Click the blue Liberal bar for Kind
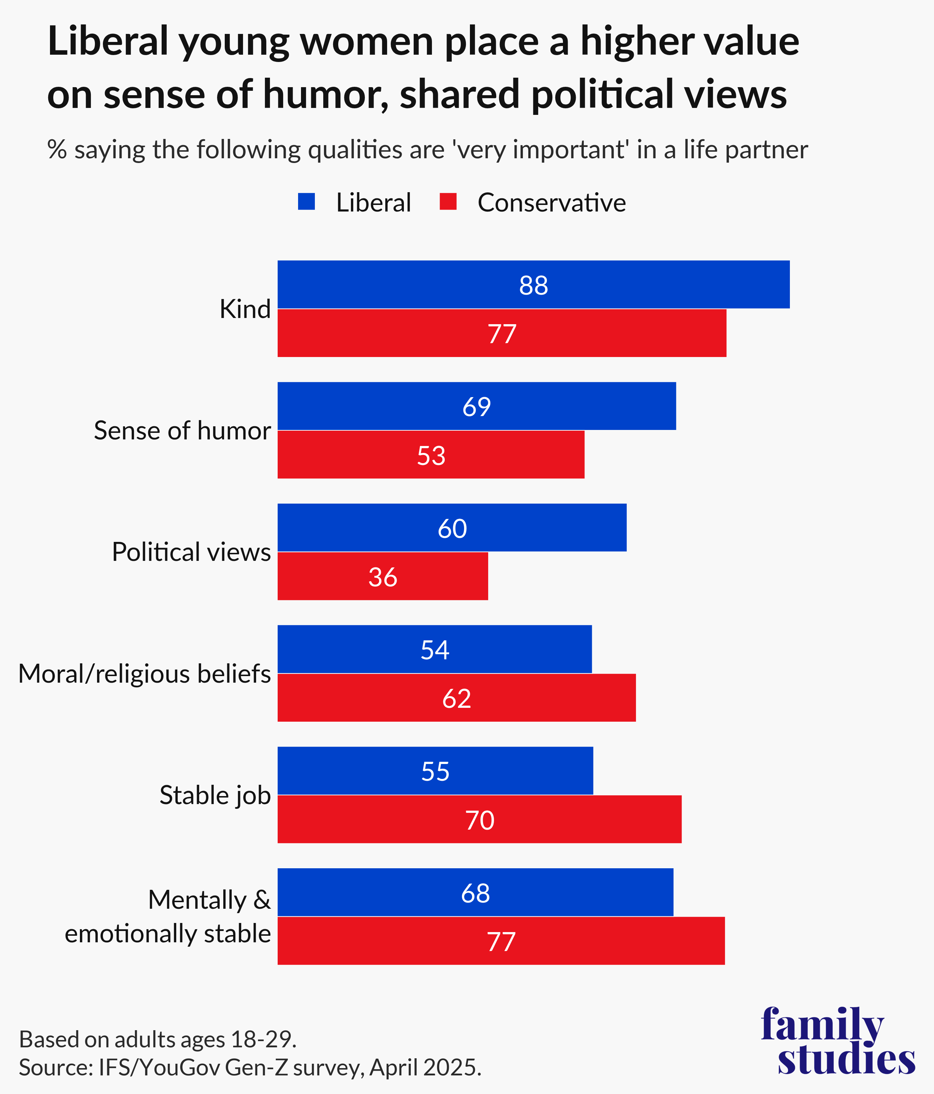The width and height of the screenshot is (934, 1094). tap(533, 284)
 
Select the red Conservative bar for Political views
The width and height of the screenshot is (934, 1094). tap(382, 576)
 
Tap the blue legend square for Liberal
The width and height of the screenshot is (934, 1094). tap(306, 202)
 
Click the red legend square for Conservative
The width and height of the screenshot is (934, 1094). tap(448, 202)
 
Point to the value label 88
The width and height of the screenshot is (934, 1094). tap(533, 285)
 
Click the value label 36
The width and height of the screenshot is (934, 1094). tap(382, 577)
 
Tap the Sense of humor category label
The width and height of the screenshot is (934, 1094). tap(182, 430)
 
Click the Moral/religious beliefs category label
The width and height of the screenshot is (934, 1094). tap(144, 674)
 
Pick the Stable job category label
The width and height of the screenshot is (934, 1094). tap(215, 795)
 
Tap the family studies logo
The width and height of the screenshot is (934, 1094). tap(838, 1041)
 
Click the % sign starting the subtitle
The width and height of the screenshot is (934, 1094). tap(57, 150)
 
